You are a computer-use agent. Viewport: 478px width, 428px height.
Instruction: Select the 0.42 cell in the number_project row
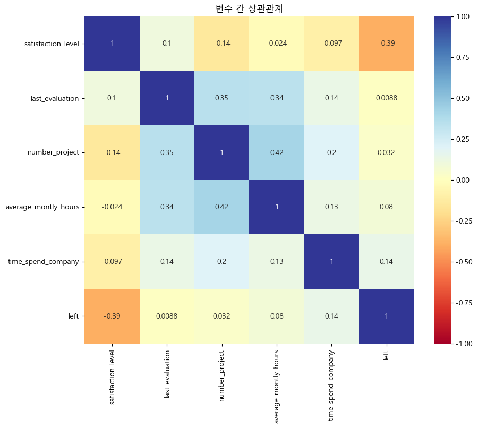277,152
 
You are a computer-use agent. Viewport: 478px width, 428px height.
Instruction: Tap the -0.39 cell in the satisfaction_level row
386,44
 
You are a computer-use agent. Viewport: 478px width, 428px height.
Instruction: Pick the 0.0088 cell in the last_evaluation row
386,98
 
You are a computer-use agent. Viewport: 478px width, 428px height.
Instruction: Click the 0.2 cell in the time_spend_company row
222,261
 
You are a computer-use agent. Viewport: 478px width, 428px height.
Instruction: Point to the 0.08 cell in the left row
277,316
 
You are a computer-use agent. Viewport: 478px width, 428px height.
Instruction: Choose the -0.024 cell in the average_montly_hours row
112,207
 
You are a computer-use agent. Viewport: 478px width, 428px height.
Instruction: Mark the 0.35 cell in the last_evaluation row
222,98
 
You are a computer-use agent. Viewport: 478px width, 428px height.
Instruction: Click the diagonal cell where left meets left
386,316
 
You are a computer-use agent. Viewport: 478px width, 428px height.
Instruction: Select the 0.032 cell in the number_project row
386,152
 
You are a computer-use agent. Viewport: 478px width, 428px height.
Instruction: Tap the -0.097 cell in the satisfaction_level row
331,44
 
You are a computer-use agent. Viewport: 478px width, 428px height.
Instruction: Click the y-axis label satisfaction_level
52,44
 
